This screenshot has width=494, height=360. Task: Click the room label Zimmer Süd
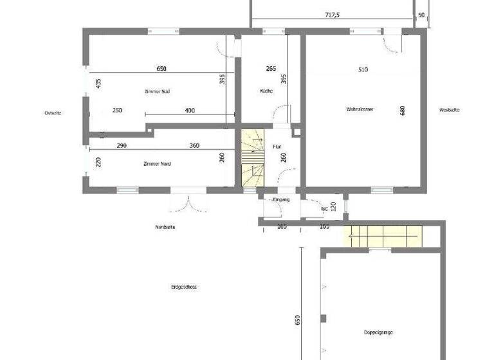click(x=157, y=91)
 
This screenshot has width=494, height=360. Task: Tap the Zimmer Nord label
click(x=157, y=164)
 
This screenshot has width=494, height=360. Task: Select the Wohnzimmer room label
click(x=360, y=109)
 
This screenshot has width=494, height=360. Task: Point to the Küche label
click(x=266, y=91)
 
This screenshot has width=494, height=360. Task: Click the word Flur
click(x=277, y=147)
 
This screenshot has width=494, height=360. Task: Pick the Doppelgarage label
click(x=378, y=332)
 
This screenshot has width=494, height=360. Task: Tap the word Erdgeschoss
click(x=183, y=287)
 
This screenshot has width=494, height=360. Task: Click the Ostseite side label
click(x=53, y=113)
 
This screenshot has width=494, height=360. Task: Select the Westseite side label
click(x=449, y=109)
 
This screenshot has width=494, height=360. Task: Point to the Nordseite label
click(x=165, y=227)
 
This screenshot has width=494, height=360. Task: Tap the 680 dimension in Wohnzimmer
click(x=403, y=111)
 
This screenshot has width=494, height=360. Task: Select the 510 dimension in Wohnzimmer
click(x=363, y=69)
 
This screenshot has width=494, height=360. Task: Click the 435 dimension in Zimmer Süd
click(x=98, y=84)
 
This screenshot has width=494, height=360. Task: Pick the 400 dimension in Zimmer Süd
click(x=190, y=111)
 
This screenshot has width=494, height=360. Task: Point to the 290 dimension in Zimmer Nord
click(x=122, y=146)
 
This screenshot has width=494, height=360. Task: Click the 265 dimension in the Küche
click(x=271, y=68)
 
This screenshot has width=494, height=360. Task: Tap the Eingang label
click(x=281, y=200)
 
